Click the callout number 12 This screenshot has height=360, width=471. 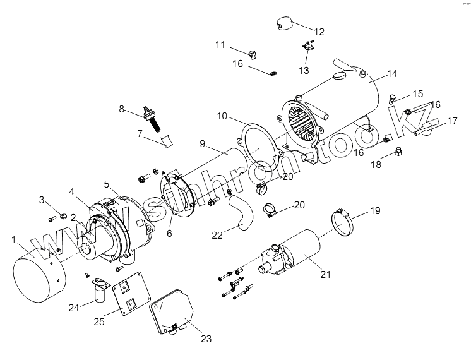click(318, 32)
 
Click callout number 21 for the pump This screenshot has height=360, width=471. click(326, 273)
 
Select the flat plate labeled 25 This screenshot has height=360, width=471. click(131, 296)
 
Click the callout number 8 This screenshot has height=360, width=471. click(122, 109)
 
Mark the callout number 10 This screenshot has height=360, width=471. click(222, 117)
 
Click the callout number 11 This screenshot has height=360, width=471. click(220, 45)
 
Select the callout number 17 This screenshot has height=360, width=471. click(451, 121)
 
